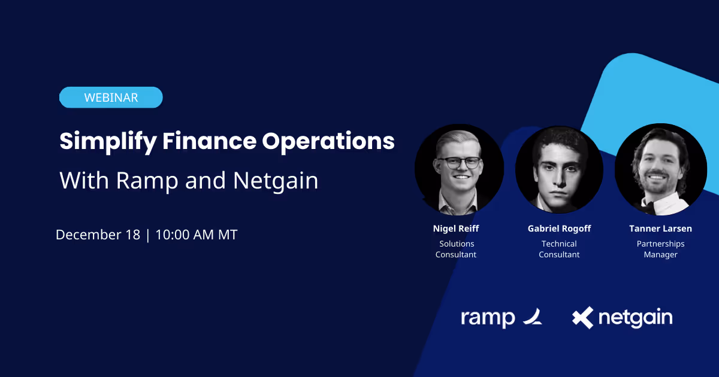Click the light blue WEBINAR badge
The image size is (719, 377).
111,98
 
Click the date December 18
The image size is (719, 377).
98,235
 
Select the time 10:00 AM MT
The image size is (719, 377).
197,235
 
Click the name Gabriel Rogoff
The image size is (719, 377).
559,229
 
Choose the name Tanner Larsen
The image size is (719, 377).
660,229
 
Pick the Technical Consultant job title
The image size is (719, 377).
559,249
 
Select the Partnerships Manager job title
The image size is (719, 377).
660,249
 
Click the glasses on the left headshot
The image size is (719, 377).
459,162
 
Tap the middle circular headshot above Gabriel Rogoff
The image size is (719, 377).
559,170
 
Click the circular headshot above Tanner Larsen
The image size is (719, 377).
660,170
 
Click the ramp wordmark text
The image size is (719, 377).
488,318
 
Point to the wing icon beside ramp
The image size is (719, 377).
531,317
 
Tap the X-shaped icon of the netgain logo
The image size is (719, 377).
582,317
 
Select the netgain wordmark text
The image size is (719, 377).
636,318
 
